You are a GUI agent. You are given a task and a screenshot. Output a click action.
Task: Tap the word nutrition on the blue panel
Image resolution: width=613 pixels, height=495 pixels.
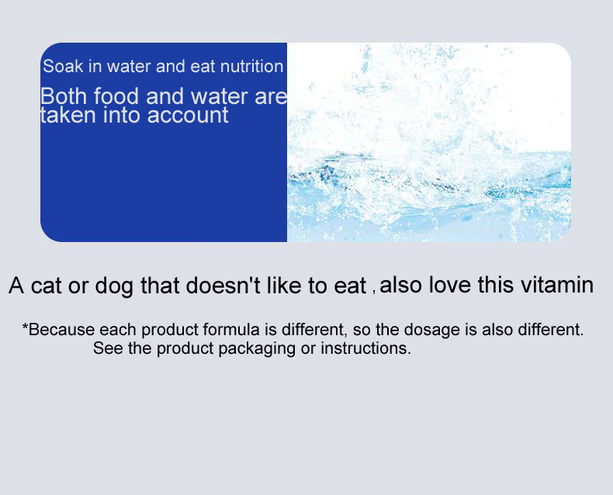[251, 67]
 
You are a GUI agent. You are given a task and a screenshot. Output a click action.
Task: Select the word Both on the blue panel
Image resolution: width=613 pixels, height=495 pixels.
[63, 97]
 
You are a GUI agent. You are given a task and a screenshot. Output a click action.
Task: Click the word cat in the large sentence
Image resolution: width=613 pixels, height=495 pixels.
[46, 286]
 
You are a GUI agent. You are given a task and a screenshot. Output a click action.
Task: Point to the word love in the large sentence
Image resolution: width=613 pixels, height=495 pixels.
[449, 285]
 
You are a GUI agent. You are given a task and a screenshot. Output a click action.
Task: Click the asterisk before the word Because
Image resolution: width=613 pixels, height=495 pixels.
[25, 327]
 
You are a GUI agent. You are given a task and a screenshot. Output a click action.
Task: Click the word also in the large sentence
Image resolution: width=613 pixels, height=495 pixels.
[401, 285]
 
